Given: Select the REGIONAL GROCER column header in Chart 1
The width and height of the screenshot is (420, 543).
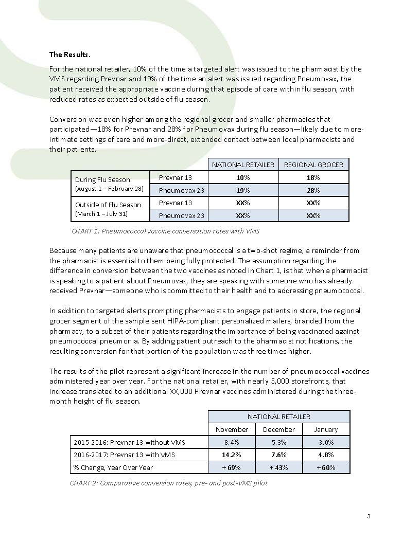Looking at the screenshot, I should coord(313,165).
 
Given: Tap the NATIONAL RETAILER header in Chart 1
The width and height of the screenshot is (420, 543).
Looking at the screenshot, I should coord(243,165).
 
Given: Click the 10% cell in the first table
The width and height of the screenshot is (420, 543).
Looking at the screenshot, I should coord(243,177).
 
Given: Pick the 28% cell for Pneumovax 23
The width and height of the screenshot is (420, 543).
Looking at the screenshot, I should coord(313,190).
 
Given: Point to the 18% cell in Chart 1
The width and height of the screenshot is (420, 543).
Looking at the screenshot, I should coord(313,177).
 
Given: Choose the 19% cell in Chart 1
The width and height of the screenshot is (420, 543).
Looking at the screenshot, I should coord(243,190).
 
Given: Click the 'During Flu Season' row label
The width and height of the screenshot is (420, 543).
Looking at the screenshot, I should coord(102,179).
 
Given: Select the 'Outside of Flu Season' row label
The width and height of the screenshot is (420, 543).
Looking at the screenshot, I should coord(108,205).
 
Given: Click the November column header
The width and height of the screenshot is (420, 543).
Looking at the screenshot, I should coord(232,429).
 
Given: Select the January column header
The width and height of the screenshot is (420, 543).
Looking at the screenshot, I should coord(326,429).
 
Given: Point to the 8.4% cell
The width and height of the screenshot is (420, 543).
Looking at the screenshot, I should coord(232,442).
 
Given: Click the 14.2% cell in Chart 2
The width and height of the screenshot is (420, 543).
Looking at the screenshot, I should coord(232,455).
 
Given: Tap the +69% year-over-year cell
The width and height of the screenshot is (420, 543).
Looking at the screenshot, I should coord(232,467).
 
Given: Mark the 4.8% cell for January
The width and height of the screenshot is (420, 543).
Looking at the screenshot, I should coord(326,455).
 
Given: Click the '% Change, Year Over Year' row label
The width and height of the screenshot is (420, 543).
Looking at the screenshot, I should coord(113,467).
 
